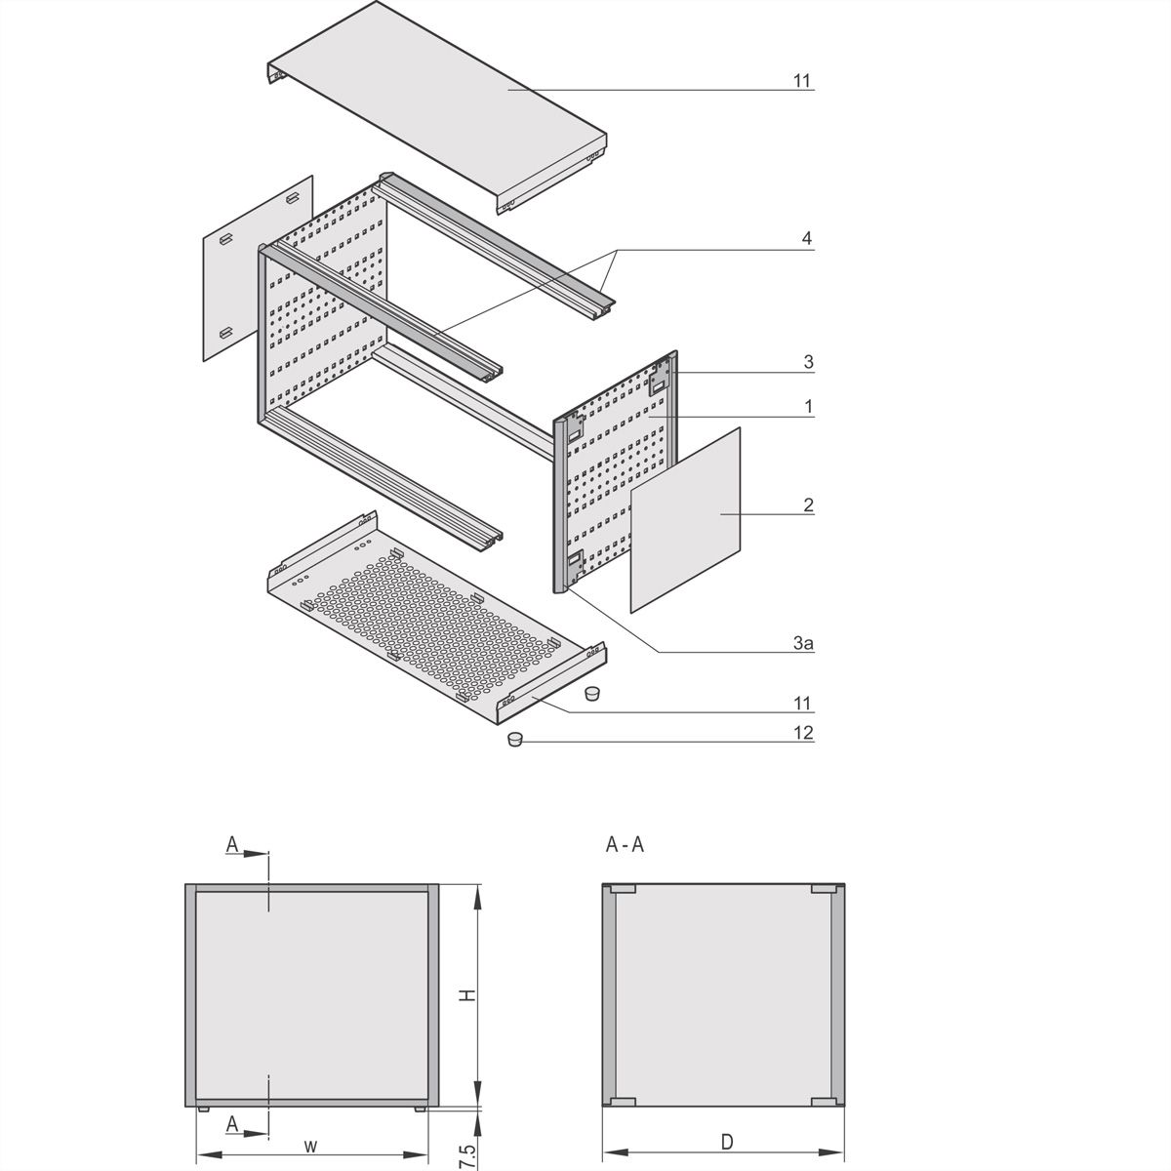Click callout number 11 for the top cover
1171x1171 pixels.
pyautogui.click(x=802, y=81)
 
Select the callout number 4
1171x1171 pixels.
pyautogui.click(x=805, y=238)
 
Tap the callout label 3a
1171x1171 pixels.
pyautogui.click(x=803, y=643)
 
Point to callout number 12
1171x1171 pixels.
pyautogui.click(x=802, y=732)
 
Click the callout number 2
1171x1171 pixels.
pyautogui.click(x=807, y=505)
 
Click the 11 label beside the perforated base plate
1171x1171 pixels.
pyautogui.click(x=802, y=703)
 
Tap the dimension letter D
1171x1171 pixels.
pyautogui.click(x=727, y=1141)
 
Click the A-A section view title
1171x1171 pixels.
pyautogui.click(x=625, y=845)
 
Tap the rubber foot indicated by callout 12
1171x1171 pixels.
pyautogui.click(x=516, y=740)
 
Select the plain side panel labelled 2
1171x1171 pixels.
pyautogui.click(x=685, y=519)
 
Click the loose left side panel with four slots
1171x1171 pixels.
pyautogui.click(x=256, y=268)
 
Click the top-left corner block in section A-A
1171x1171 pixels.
pyautogui.click(x=621, y=889)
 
